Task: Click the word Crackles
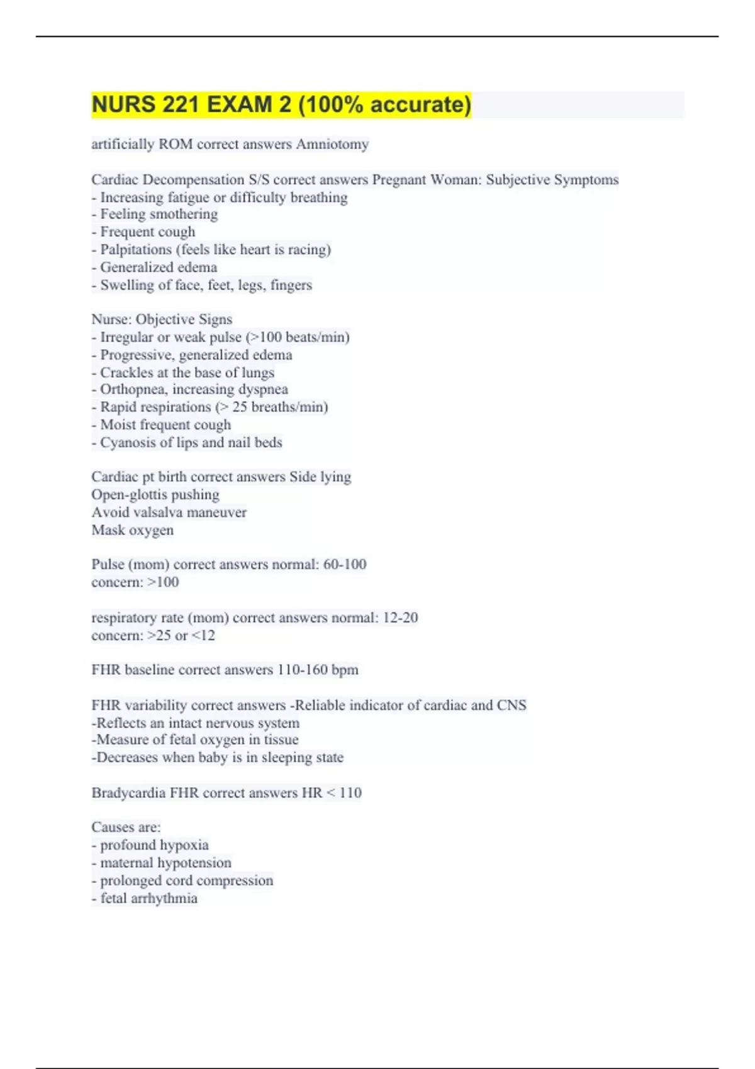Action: tap(126, 372)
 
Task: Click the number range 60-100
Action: tap(345, 564)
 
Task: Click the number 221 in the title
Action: tap(181, 104)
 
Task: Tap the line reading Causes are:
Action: tap(126, 827)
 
